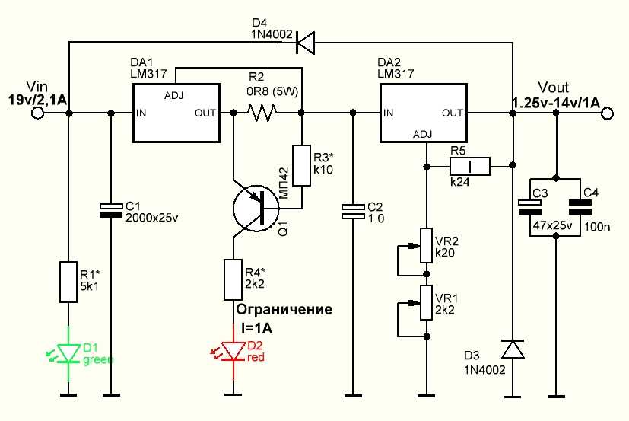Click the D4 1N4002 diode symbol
(305, 43)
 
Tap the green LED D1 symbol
(68, 352)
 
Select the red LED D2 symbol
(233, 351)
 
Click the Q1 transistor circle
(256, 208)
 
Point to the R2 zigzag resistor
(261, 113)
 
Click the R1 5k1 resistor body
(68, 282)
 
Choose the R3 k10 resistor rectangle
(301, 165)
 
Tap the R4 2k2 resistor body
(233, 279)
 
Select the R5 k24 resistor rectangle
(470, 166)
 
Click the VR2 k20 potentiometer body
(427, 245)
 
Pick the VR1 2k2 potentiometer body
(427, 302)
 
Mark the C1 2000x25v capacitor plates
(111, 211)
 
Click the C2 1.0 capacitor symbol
(353, 212)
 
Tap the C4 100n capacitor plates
(580, 207)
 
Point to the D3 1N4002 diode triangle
(513, 349)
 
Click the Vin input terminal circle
(37, 113)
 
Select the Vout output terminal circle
(608, 113)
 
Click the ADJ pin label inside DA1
(173, 96)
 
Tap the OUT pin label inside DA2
(453, 113)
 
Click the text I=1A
(256, 328)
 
